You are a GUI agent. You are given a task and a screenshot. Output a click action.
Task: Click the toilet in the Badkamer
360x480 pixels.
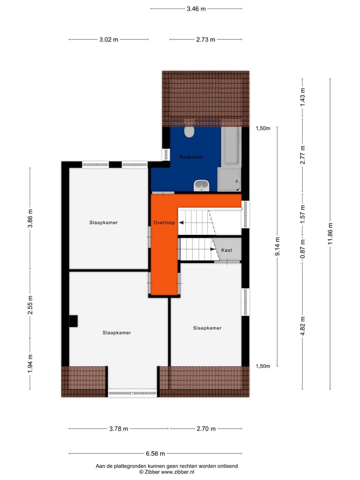click(189, 131)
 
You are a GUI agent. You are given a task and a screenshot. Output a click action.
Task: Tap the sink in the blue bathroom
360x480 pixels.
click(202, 185)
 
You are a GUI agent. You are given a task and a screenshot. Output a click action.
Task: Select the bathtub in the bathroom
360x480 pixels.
click(231, 146)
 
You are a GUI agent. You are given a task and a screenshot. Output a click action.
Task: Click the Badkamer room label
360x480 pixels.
click(191, 157)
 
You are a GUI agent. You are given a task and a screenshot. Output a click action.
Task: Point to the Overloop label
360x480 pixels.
click(164, 222)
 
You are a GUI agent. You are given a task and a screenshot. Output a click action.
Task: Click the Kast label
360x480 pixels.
click(226, 250)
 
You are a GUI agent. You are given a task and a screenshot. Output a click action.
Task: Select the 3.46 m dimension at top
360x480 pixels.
click(196, 8)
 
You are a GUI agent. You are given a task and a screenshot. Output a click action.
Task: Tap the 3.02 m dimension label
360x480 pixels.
click(108, 39)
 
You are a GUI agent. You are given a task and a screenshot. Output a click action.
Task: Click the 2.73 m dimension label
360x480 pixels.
click(205, 39)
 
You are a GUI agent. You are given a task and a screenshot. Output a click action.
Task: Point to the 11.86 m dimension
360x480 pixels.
click(330, 231)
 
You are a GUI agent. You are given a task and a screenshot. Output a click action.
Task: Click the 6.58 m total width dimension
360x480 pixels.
click(154, 453)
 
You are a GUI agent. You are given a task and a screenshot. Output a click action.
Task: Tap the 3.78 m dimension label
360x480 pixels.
click(118, 428)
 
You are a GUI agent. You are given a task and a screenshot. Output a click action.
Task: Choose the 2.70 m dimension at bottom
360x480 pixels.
click(205, 428)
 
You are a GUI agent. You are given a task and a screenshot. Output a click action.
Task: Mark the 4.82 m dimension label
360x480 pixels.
click(302, 326)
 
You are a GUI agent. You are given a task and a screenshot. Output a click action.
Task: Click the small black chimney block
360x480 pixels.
click(73, 320)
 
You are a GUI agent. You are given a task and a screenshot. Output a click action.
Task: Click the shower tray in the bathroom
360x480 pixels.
click(229, 179)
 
